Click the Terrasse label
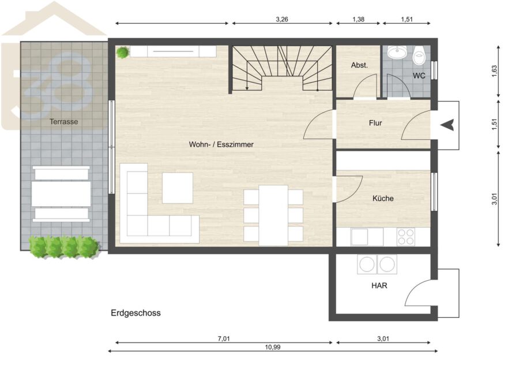tap(64, 122)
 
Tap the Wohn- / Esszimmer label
tap(221, 144)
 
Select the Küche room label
tap(383, 198)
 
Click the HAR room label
tap(379, 285)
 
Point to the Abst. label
tap(359, 65)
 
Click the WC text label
tap(419, 76)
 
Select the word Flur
tap(375, 123)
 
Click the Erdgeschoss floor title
tap(136, 313)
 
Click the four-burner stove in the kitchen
tap(406, 237)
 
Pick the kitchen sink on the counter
tap(359, 237)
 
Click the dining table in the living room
tap(273, 215)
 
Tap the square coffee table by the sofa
tap(178, 188)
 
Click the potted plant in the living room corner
tap(123, 53)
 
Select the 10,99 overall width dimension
tap(273, 347)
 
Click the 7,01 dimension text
tap(224, 339)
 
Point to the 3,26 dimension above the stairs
tap(282, 20)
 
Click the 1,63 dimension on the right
tap(494, 72)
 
